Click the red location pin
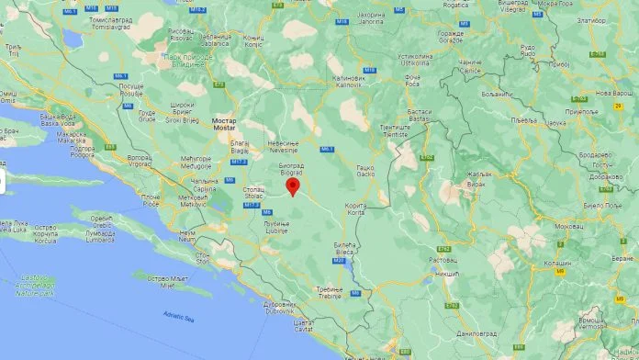pos(293,185)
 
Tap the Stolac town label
pos(253,194)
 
